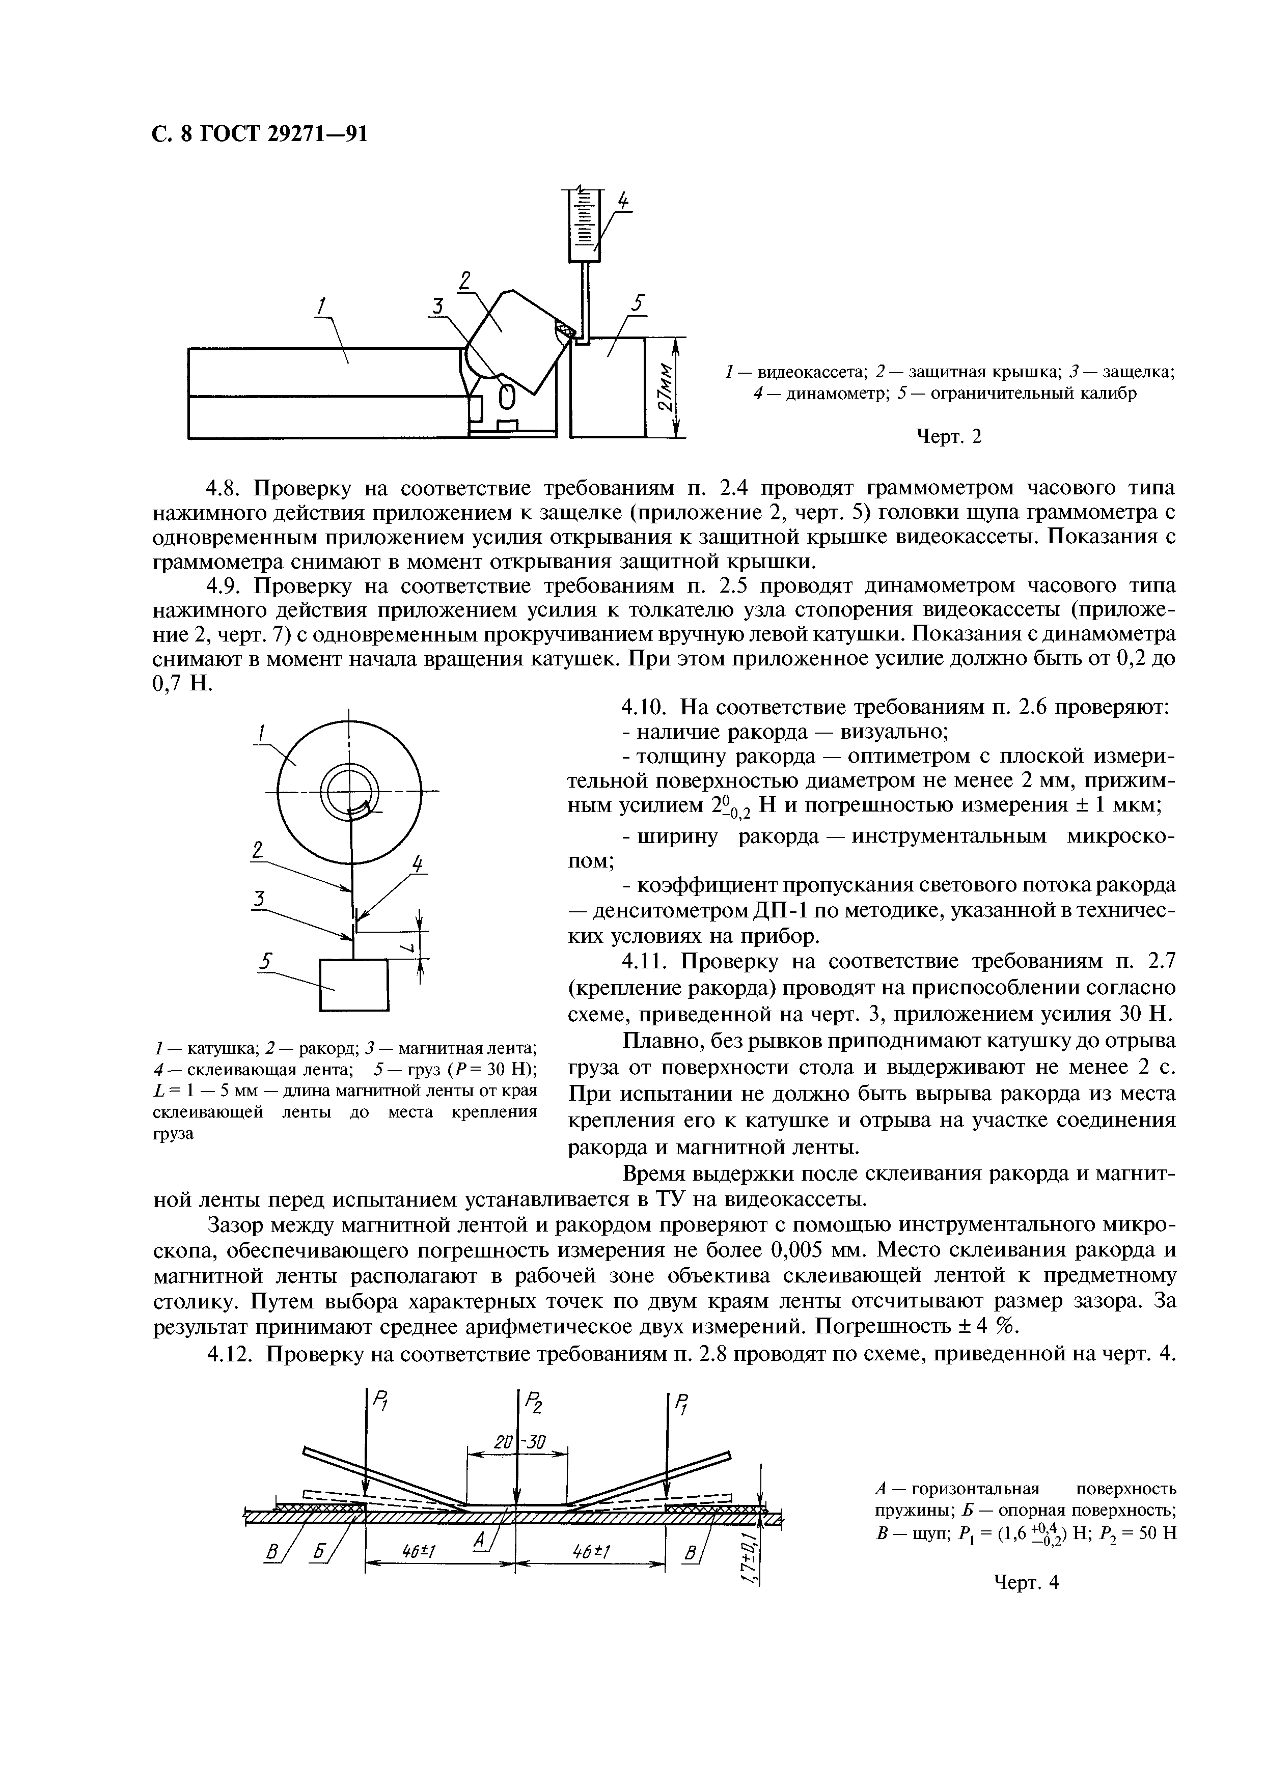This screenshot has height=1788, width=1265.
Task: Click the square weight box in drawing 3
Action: point(353,985)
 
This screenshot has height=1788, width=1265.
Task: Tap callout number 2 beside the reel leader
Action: point(258,849)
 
